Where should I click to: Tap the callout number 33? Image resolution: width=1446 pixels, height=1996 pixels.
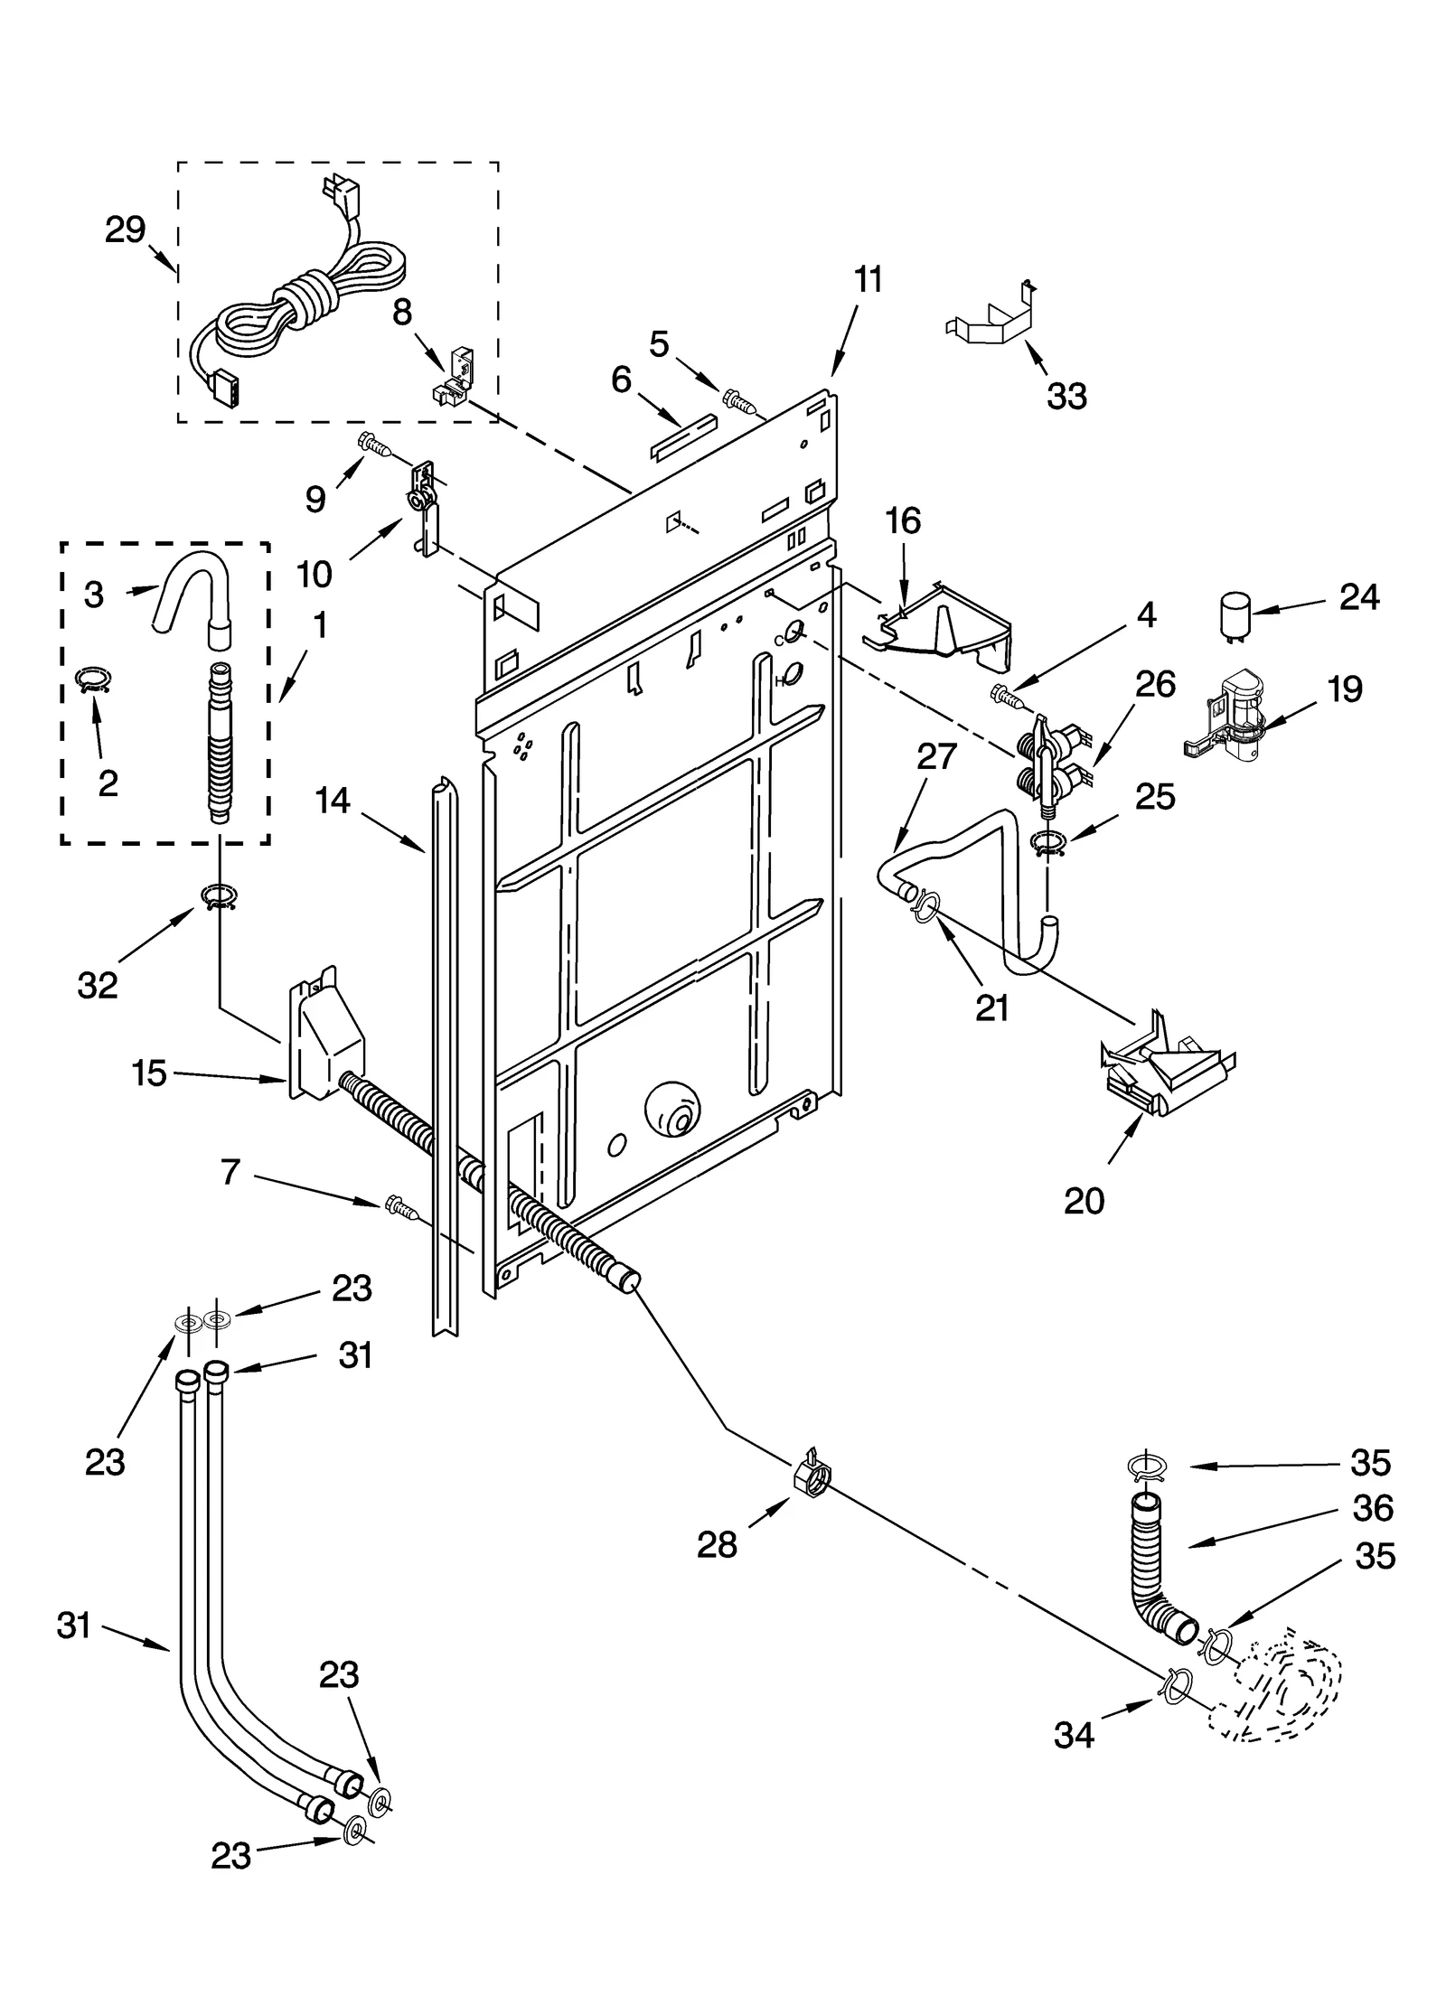click(x=1066, y=396)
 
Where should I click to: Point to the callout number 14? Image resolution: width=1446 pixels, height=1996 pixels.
click(x=333, y=801)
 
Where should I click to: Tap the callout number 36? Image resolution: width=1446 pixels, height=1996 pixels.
click(x=1373, y=1508)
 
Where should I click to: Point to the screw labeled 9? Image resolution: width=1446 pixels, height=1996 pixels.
click(x=374, y=443)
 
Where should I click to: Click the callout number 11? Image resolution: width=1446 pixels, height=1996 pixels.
click(x=868, y=280)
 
